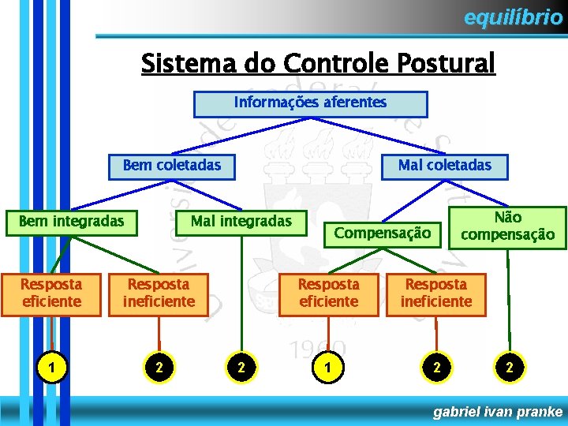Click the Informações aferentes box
(310, 103)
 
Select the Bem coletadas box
(171, 166)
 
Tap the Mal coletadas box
(444, 166)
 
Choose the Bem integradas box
(71, 222)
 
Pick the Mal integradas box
(241, 222)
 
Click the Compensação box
(383, 233)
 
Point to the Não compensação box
(507, 227)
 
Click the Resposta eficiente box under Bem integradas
(50, 293)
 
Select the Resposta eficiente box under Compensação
(328, 293)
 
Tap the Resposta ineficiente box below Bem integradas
(159, 293)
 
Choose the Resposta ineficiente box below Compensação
(435, 293)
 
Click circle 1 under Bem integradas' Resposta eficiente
(50, 366)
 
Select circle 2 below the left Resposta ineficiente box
(159, 366)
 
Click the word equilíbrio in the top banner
(513, 17)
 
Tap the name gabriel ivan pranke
(499, 412)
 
